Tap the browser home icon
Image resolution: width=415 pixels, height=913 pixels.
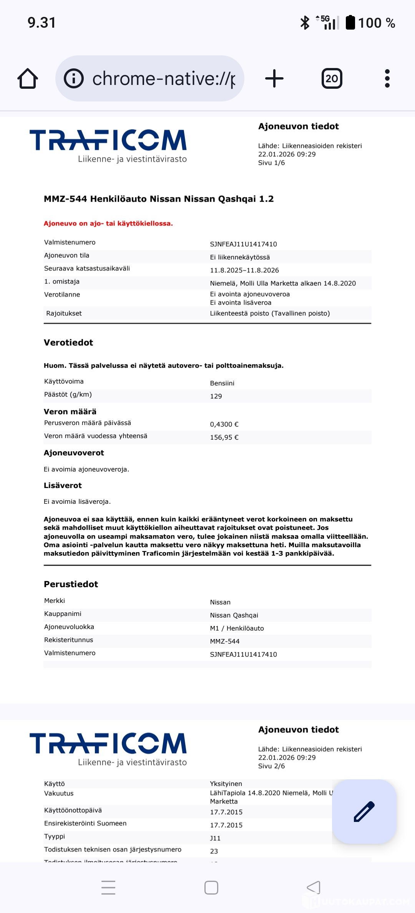28,79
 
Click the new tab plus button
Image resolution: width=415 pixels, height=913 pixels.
274,79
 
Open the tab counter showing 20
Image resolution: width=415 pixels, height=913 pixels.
332,79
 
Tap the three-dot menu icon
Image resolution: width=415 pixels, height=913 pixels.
387,79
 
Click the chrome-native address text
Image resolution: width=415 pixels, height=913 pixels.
164,79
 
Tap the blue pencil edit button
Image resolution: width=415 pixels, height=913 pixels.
364,812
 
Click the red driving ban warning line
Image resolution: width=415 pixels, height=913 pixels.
108,224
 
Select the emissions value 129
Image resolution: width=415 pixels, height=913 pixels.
216,396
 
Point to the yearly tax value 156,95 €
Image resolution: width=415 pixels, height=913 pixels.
224,437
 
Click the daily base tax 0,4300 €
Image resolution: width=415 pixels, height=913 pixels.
224,424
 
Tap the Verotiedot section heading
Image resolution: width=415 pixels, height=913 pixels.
68,343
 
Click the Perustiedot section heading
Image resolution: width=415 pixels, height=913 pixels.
71,584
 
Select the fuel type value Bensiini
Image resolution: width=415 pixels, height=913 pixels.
222,383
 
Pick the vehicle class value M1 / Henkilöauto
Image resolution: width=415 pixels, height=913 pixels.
237,628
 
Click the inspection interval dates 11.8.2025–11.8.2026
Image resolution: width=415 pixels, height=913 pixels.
244,270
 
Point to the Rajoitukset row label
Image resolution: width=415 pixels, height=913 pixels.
64,313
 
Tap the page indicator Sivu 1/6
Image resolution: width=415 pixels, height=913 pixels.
271,163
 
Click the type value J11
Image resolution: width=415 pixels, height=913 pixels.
215,838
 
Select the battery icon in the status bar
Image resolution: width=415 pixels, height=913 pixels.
350,23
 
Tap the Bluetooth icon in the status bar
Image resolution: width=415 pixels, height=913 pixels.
305,23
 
